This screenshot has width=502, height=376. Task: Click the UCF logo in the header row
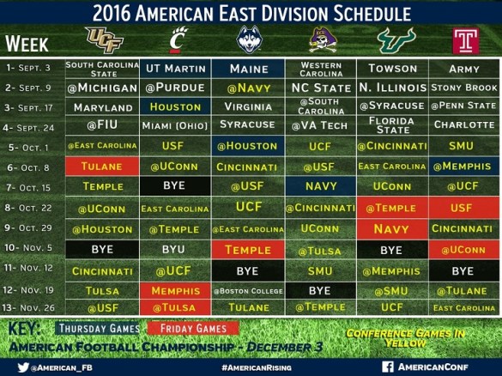click(x=104, y=39)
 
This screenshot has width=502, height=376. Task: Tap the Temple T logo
click(x=464, y=40)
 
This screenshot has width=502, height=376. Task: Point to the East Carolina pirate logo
click(x=320, y=40)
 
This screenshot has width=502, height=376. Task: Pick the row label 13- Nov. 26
click(x=32, y=308)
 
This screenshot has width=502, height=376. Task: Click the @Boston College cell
click(x=247, y=290)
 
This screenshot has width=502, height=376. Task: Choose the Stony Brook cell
click(x=464, y=88)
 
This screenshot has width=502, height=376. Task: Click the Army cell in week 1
click(x=464, y=68)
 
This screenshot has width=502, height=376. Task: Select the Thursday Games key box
click(x=97, y=329)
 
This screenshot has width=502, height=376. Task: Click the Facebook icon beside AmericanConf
click(x=388, y=366)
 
